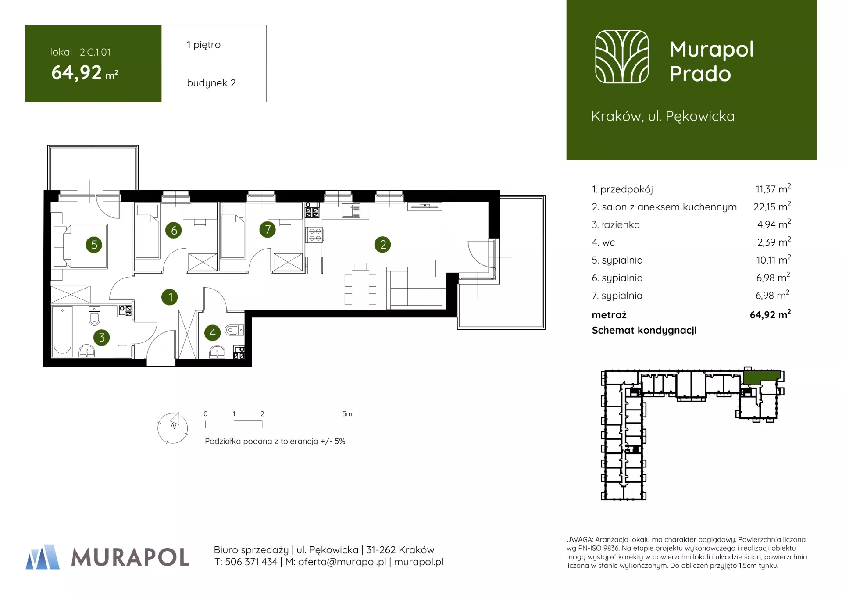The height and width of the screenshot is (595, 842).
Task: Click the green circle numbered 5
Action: tap(94, 245)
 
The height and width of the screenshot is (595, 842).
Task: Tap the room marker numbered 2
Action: tap(383, 245)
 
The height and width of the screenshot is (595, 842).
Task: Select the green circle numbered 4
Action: tap(213, 333)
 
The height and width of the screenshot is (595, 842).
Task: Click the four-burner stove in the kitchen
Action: tap(314, 235)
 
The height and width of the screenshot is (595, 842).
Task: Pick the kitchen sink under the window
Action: tap(351, 211)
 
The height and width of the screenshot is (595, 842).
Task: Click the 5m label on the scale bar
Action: tap(347, 414)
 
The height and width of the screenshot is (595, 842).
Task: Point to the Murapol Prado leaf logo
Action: tap(621, 57)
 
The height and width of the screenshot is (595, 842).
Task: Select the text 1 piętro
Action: tap(203, 45)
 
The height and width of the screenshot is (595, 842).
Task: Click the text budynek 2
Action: tap(211, 83)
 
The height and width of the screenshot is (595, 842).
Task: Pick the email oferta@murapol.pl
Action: tap(342, 562)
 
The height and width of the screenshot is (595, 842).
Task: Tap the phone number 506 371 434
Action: tap(251, 562)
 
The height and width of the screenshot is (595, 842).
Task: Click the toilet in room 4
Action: tap(232, 330)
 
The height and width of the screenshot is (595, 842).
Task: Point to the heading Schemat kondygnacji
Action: tap(644, 331)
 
